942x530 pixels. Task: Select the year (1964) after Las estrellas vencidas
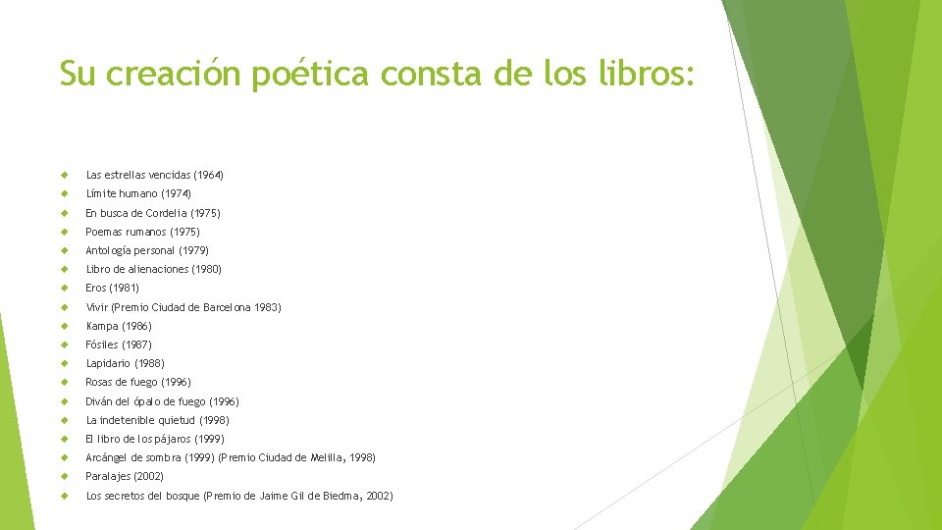(209, 175)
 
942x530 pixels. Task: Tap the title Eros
(96, 288)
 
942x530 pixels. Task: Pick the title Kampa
(103, 326)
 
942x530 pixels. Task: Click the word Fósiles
(102, 344)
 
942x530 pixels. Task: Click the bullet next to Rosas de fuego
(64, 382)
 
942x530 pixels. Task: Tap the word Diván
(101, 401)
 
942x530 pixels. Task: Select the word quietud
(173, 420)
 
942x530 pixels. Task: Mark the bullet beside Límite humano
(64, 193)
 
